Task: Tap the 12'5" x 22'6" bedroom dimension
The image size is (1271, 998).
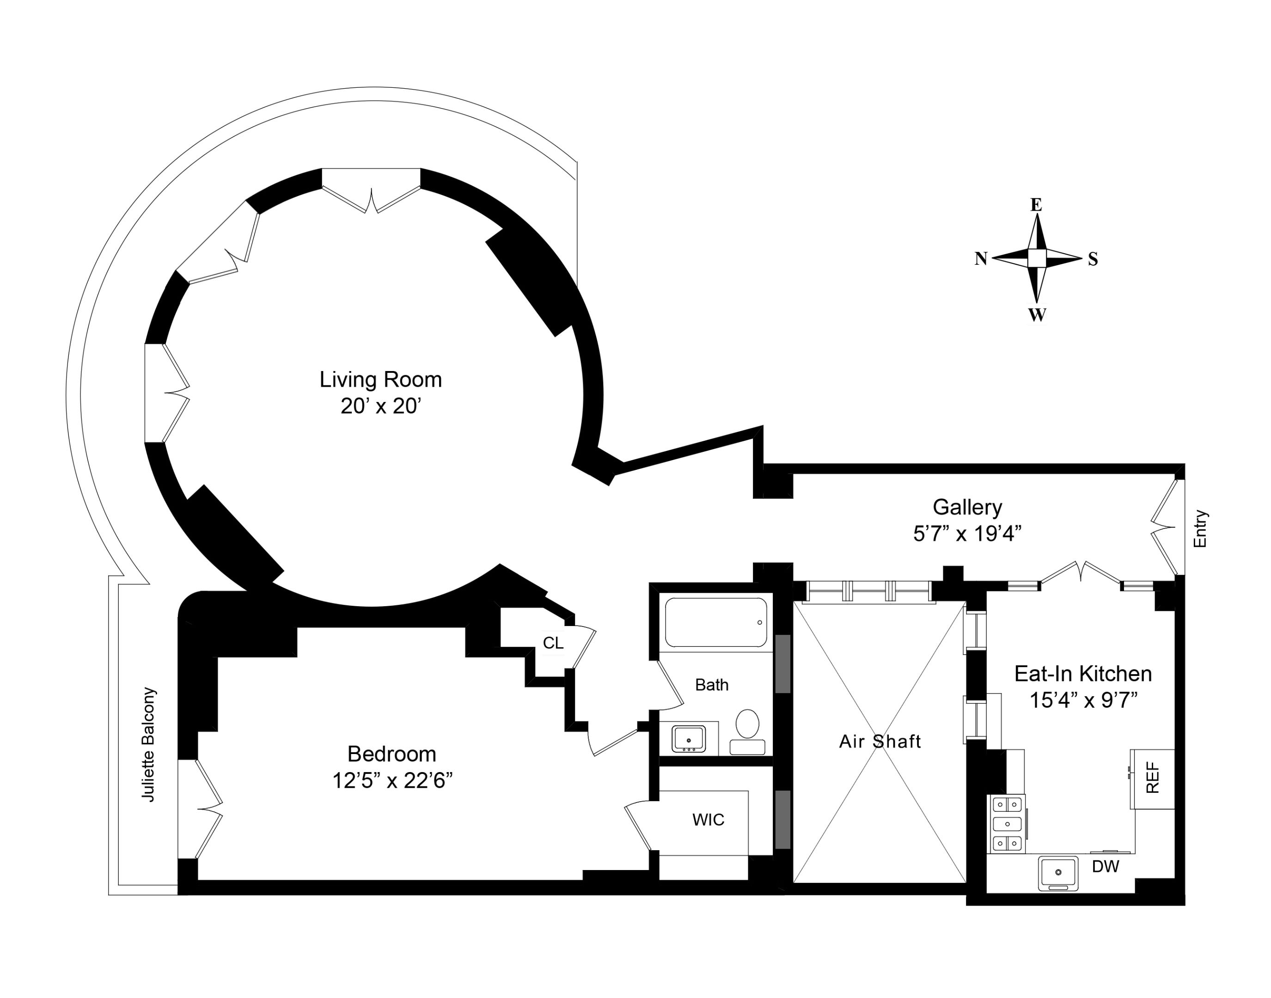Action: click(392, 781)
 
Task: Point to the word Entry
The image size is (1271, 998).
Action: click(1200, 529)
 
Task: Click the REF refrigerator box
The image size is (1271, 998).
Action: click(1152, 778)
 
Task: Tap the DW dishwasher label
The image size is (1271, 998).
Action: click(1106, 866)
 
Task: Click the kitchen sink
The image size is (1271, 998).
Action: click(1058, 873)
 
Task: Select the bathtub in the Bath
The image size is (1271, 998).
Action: click(715, 622)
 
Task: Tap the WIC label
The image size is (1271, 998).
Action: click(708, 820)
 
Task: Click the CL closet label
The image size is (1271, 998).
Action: click(553, 643)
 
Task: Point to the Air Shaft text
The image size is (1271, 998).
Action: click(880, 742)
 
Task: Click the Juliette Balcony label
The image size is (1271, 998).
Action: click(149, 744)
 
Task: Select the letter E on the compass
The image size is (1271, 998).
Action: click(1036, 205)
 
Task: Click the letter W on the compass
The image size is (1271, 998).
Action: click(1037, 315)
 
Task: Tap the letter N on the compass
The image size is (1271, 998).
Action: click(981, 258)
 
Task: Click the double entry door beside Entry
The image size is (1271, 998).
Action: click(1164, 528)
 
